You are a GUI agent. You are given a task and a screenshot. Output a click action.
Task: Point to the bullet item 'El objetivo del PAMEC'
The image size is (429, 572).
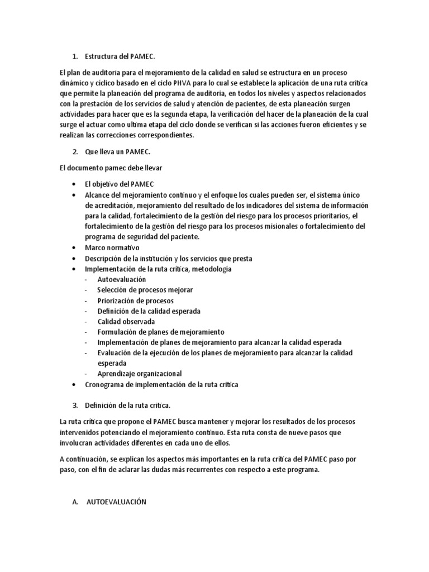click(119, 184)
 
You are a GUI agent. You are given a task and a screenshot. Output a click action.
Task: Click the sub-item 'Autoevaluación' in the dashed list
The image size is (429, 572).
click(121, 279)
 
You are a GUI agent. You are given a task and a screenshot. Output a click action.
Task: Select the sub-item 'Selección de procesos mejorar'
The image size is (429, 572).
click(145, 290)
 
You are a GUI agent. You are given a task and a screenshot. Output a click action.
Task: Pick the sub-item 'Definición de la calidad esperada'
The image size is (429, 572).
click(149, 311)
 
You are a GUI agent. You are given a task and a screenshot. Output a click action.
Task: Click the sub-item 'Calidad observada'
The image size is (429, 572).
click(126, 322)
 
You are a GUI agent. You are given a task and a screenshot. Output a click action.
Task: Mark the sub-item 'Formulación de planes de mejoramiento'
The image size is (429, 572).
click(160, 332)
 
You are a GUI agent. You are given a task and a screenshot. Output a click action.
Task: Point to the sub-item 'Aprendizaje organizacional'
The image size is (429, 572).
click(139, 374)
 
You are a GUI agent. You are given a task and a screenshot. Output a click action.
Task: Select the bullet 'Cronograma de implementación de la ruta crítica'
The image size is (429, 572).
click(161, 385)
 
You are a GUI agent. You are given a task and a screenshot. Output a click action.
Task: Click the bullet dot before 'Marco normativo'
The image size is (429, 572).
click(75, 248)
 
